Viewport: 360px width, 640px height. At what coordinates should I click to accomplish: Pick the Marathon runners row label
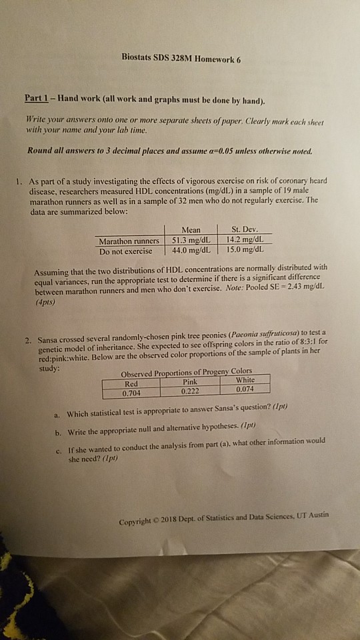coord(128,241)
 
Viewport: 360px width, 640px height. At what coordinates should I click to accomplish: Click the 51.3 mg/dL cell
coord(190,241)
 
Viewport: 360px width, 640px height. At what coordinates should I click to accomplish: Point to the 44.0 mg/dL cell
coord(190,251)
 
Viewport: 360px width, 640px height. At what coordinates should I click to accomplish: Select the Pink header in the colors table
coord(189,382)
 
